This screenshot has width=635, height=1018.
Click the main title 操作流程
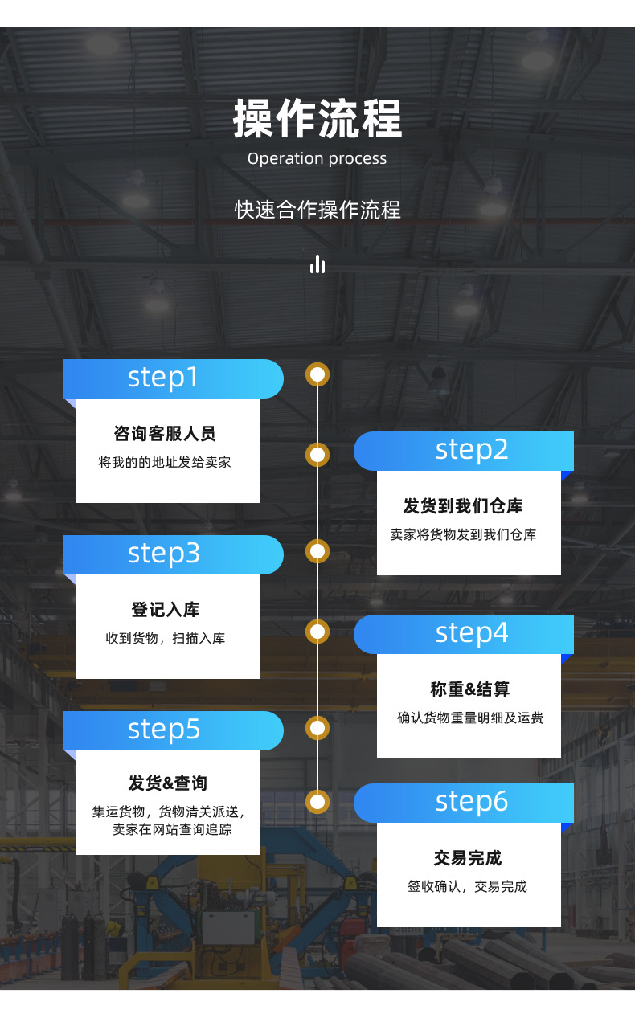tap(317, 119)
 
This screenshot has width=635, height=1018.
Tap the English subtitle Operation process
tap(317, 158)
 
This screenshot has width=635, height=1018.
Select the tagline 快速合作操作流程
tap(317, 210)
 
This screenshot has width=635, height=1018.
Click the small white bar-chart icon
tap(317, 264)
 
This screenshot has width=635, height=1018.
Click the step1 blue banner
tap(173, 378)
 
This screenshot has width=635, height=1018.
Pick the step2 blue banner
tap(464, 451)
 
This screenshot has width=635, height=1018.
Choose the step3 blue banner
tap(173, 554)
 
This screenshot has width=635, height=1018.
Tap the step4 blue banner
tap(464, 634)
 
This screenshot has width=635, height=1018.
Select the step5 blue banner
tap(173, 730)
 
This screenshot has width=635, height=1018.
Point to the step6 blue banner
tap(464, 803)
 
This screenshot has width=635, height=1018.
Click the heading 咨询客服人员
tap(165, 434)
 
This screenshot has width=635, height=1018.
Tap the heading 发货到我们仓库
tap(463, 506)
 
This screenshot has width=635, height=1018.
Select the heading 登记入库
tap(165, 610)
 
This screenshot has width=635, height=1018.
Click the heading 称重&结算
tap(469, 689)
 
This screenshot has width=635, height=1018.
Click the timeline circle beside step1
tap(318, 374)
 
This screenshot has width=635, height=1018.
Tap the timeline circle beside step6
tap(318, 801)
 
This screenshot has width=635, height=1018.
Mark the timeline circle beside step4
tap(318, 632)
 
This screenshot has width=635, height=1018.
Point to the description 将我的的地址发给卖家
tap(165, 463)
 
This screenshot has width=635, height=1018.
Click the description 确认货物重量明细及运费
tap(469, 718)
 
